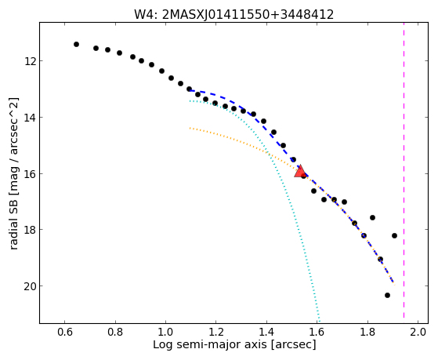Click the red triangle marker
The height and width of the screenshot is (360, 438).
(x=300, y=172)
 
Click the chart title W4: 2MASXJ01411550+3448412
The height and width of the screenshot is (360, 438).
(x=234, y=14)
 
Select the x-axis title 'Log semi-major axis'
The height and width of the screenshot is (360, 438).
(x=210, y=344)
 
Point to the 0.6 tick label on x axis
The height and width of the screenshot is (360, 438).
(x=64, y=332)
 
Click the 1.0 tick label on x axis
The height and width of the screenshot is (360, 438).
(x=165, y=332)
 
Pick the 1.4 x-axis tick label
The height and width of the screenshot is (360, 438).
(x=266, y=332)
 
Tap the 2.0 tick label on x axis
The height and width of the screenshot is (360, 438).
(x=418, y=332)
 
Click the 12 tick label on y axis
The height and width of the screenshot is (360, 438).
(x=30, y=60)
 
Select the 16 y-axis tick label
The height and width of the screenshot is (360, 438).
(x=30, y=173)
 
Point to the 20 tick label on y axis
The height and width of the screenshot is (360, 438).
(x=30, y=286)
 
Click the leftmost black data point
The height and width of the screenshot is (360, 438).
(x=76, y=44)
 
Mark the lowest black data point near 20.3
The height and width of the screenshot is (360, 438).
(x=387, y=295)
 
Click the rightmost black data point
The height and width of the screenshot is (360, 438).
(x=394, y=235)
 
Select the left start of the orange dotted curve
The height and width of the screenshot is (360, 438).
(x=190, y=128)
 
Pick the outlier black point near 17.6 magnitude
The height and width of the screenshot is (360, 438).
(x=372, y=217)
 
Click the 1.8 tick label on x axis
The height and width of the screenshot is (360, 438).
(x=368, y=332)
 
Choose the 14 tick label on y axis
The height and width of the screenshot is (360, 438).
(x=30, y=117)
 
